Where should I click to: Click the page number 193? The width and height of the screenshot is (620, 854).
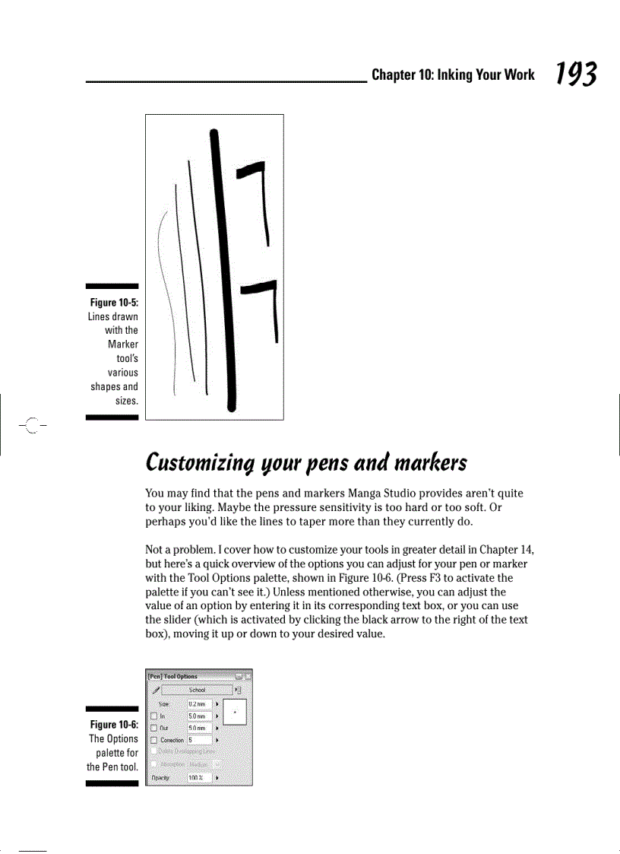pos(575,74)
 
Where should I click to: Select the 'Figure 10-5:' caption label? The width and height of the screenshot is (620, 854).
pos(112,303)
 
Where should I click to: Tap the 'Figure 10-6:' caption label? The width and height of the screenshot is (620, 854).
pos(113,725)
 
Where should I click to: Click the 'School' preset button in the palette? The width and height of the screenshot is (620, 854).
pos(197,690)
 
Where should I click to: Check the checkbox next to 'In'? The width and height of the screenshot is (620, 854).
pos(153,716)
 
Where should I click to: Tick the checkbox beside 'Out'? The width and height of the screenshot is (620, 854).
pos(153,728)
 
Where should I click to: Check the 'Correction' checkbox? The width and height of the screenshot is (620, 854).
pos(153,740)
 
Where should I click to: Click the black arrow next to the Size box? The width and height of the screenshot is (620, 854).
pos(217,705)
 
